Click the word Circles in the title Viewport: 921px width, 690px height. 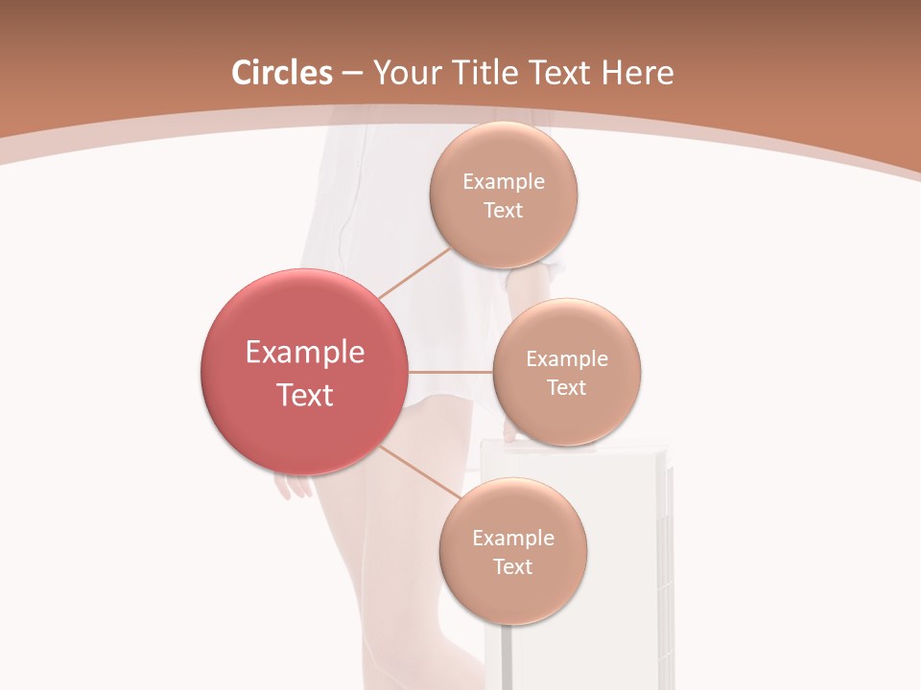point(282,73)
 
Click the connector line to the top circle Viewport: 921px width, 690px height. point(414,273)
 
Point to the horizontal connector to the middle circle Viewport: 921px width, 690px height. point(451,372)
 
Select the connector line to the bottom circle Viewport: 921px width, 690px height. point(420,471)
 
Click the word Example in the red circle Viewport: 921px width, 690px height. point(305,353)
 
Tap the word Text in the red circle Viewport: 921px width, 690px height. point(305,395)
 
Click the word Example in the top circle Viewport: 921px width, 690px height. point(504,182)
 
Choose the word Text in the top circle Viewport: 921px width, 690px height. point(504,211)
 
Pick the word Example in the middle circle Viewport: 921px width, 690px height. point(567,359)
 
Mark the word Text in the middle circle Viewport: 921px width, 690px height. point(567,388)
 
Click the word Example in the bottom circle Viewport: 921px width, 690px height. point(513,539)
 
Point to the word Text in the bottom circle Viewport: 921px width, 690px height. point(513,567)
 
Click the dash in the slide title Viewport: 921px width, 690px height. point(352,74)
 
